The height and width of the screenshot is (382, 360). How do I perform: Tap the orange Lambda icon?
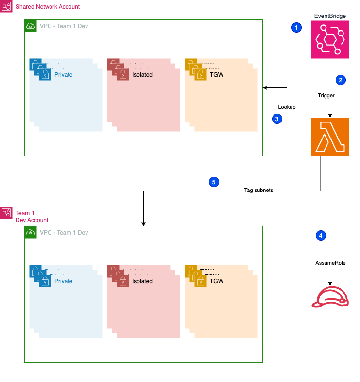pos(330,137)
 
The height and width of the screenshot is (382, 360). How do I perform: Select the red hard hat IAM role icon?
pos(330,297)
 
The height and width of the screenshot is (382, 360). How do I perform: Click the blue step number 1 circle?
pos(296,28)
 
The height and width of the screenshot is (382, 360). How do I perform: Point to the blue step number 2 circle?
pos(341,80)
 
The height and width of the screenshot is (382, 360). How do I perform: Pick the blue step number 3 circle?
pos(277,119)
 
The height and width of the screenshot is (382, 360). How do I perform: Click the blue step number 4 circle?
pos(320,235)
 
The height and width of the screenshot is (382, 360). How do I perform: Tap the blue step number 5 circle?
pos(214,182)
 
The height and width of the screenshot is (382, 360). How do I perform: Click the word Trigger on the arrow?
pos(326,96)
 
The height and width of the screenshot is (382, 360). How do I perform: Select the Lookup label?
pos(287,107)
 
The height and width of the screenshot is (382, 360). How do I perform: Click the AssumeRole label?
pos(330,263)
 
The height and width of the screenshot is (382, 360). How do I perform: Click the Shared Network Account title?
pos(48,7)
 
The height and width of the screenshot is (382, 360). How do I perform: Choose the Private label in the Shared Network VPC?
pos(63,75)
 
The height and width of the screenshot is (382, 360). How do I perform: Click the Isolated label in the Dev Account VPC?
pos(142,281)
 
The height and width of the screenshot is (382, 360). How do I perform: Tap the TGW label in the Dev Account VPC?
pos(216,281)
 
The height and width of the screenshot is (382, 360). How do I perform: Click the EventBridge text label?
pos(330,16)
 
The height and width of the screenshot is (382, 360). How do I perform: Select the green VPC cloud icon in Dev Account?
pos(30,232)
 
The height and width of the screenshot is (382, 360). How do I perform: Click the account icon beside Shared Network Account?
pos(7,7)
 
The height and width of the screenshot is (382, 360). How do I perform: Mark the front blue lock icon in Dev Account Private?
pos(45,281)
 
